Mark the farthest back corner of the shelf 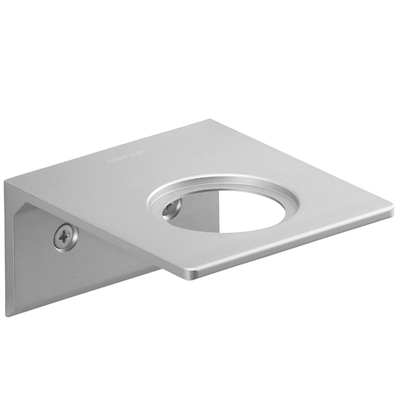click(x=213, y=120)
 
